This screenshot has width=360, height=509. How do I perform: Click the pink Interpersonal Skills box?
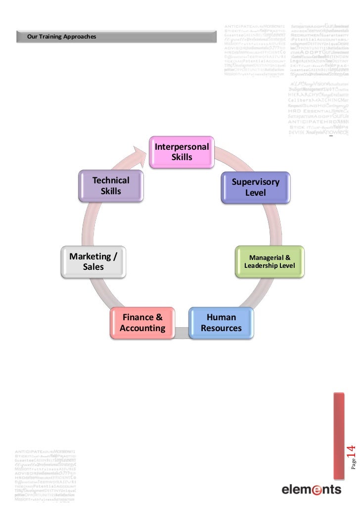[181, 152]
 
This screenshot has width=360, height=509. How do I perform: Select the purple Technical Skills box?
[111, 186]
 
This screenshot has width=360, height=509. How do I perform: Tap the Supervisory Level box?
[256, 187]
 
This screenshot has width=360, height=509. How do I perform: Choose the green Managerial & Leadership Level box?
[270, 261]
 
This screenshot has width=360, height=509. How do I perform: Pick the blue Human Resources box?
[221, 323]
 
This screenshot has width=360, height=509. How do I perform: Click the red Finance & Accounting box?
[142, 323]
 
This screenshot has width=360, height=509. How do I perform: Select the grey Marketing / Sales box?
[93, 261]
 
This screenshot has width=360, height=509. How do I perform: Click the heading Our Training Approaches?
[62, 37]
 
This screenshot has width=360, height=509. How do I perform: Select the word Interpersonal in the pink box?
[181, 147]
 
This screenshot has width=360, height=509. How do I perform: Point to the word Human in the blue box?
[221, 317]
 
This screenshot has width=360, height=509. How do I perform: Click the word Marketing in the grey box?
[90, 256]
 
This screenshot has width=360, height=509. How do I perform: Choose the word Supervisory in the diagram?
[256, 182]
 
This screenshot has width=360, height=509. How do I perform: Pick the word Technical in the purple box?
[111, 180]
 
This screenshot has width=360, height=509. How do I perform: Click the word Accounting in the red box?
[142, 329]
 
